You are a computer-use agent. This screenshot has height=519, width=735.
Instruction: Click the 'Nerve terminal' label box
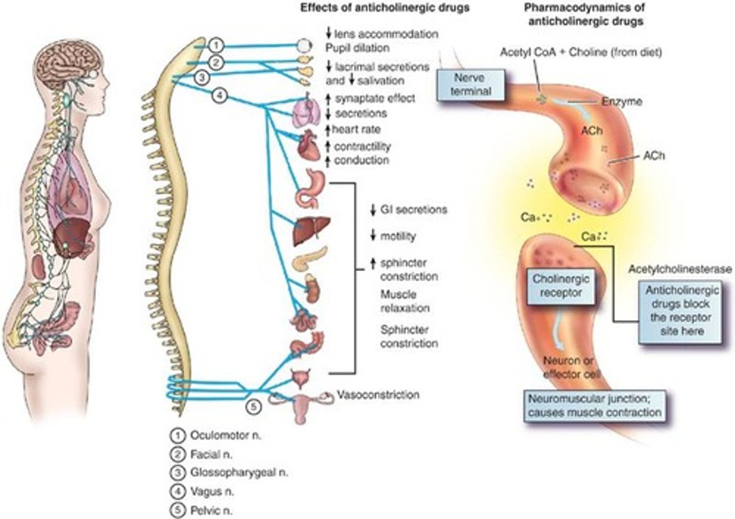tap(471, 85)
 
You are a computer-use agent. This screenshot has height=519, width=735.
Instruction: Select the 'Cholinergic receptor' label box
tap(561, 286)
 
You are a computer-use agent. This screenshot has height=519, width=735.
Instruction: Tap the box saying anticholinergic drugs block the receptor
tap(681, 311)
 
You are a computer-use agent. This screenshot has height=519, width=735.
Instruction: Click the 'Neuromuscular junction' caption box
tap(595, 406)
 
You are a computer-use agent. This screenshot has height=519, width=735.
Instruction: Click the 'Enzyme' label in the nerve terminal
tap(621, 101)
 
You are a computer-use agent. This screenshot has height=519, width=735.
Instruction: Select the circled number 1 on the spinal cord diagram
tap(216, 45)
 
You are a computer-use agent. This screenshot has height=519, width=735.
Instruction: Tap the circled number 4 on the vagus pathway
tap(219, 95)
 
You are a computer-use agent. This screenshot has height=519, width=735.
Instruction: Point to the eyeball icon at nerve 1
tap(304, 46)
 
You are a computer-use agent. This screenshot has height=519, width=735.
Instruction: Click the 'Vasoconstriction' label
tap(378, 395)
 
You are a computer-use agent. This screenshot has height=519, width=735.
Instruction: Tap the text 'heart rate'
tap(356, 129)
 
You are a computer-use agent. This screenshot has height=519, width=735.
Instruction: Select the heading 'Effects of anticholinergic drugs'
tap(384, 8)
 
